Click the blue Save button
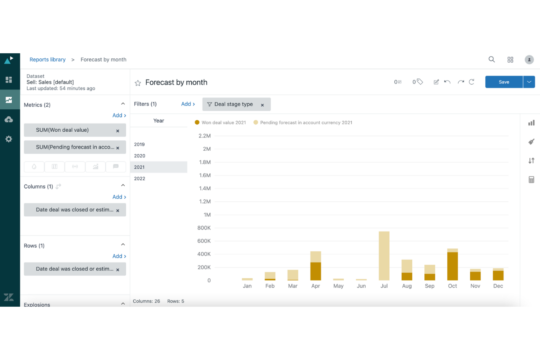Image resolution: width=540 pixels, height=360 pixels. click(504, 82)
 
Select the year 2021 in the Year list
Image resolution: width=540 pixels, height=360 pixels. click(139, 167)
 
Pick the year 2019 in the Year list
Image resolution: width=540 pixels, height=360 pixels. click(139, 144)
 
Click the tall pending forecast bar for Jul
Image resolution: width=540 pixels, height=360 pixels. click(384, 255)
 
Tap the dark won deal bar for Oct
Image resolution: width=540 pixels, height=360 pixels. click(452, 266)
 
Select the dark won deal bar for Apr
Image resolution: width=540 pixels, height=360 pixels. click(316, 271)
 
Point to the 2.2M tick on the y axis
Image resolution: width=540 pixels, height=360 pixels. click(205, 136)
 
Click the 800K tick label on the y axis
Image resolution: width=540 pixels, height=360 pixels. click(204, 228)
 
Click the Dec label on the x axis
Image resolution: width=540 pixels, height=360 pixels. click(498, 286)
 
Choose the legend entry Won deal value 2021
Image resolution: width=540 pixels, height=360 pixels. click(223, 123)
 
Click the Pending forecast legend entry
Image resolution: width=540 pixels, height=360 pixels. click(306, 123)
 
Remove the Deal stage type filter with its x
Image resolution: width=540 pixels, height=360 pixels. click(262, 105)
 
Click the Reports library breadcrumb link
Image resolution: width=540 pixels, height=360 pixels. click(47, 59)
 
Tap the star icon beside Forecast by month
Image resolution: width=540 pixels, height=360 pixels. click(138, 83)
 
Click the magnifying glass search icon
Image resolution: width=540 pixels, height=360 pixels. click(491, 59)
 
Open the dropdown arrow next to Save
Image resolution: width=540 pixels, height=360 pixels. click(529, 82)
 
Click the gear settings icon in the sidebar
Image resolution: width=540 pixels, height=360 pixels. click(9, 139)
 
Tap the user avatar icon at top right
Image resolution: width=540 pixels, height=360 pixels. click(529, 60)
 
